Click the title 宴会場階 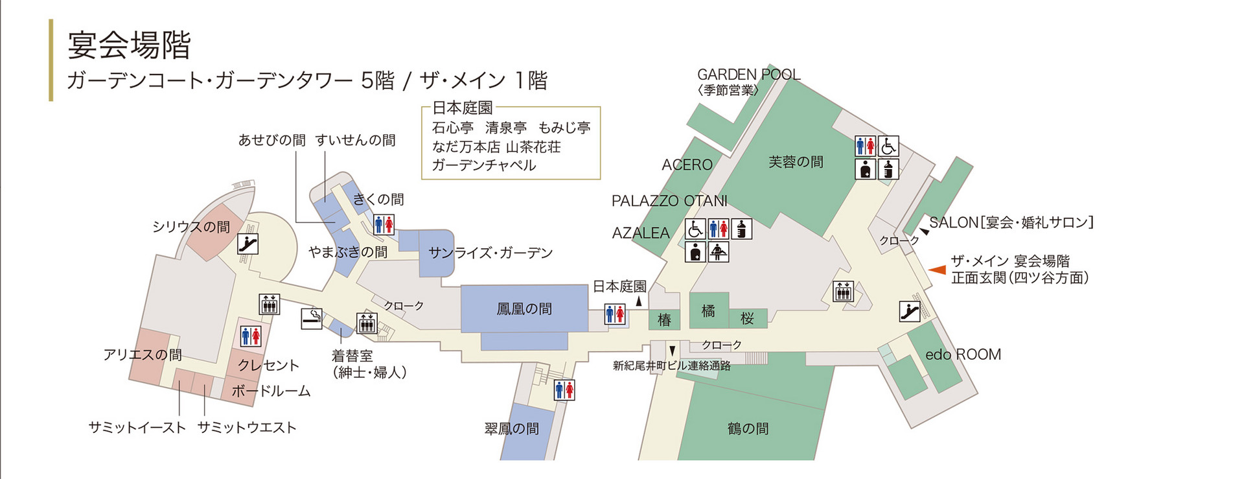(x=129, y=45)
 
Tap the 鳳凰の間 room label (x=524, y=309)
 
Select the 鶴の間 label (x=748, y=428)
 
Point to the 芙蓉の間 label (x=796, y=162)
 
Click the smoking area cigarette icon (x=312, y=318)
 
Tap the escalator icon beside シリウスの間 (x=248, y=244)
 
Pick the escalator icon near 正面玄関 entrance (x=910, y=311)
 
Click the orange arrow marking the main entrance (x=936, y=270)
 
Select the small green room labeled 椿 (x=664, y=320)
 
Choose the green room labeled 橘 (x=708, y=311)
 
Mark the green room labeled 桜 (x=747, y=318)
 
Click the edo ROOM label (x=963, y=355)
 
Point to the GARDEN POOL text (x=748, y=75)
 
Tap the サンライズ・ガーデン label (x=490, y=253)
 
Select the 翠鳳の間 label (x=511, y=428)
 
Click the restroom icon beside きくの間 (x=384, y=225)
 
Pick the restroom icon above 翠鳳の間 (x=564, y=390)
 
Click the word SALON (x=953, y=223)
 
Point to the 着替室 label (x=352, y=356)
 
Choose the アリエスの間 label (x=143, y=355)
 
